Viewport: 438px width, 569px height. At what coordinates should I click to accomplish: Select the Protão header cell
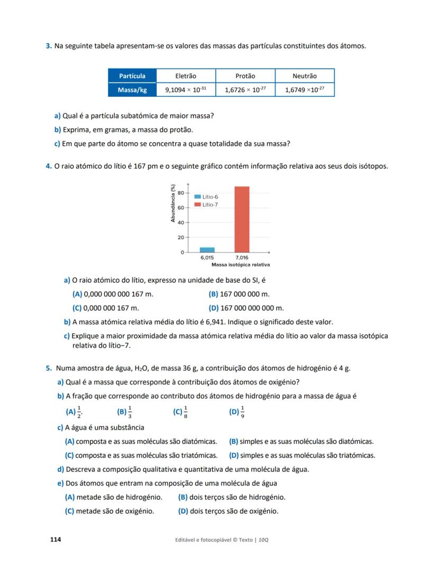click(x=245, y=76)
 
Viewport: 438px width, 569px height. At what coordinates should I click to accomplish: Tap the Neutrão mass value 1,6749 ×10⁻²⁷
click(x=305, y=90)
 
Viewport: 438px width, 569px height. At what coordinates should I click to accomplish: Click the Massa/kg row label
click(x=132, y=90)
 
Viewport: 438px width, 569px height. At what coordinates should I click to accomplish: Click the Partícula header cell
click(x=132, y=76)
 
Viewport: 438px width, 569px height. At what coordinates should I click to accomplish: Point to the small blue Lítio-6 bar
click(x=207, y=250)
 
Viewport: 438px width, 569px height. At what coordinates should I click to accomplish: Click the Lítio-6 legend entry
click(x=206, y=197)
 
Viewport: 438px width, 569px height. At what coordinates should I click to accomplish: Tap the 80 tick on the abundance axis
click(x=180, y=193)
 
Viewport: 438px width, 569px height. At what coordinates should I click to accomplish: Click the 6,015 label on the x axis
click(x=207, y=258)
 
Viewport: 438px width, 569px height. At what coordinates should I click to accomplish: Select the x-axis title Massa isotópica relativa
click(x=241, y=264)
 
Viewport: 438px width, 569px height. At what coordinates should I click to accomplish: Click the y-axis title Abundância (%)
click(x=173, y=202)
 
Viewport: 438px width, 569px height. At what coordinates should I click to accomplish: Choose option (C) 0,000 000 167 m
click(x=105, y=308)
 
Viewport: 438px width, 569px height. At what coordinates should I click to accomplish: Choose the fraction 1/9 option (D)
click(x=237, y=412)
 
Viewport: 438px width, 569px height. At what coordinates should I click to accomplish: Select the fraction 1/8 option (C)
click(x=180, y=412)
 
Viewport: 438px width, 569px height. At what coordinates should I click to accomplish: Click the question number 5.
click(x=48, y=369)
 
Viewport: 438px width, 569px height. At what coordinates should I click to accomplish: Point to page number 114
click(x=56, y=539)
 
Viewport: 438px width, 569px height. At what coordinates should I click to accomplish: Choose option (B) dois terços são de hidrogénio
click(x=232, y=497)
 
